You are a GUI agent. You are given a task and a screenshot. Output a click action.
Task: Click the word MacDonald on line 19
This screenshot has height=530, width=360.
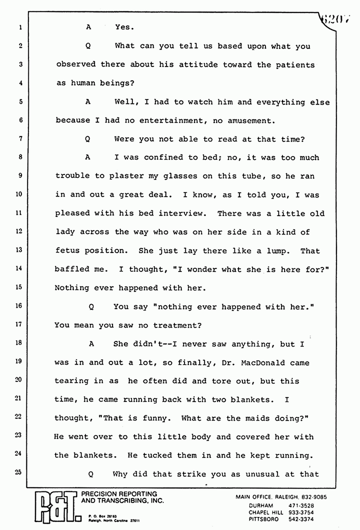[x=260, y=363]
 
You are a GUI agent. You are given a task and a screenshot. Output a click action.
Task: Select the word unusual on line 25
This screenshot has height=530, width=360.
[x=260, y=474]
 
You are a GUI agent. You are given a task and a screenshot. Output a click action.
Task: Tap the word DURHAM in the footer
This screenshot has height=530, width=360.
[x=262, y=505]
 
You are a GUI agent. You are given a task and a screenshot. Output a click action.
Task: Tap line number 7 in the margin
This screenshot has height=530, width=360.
[x=20, y=139]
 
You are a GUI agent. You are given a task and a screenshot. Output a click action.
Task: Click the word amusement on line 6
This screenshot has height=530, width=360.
[x=249, y=121]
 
